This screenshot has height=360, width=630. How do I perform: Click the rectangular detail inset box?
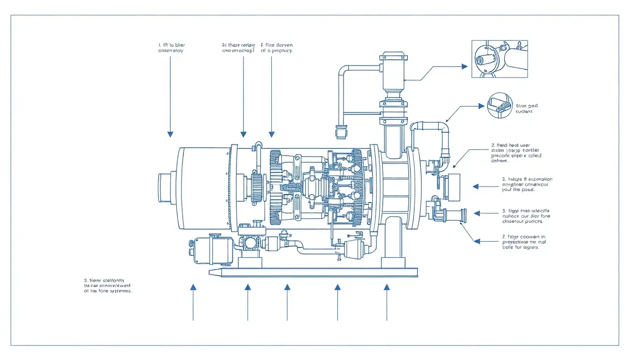(499, 59)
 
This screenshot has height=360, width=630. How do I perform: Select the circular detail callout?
(500, 105)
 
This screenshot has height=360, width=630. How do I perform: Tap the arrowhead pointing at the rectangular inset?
(464, 67)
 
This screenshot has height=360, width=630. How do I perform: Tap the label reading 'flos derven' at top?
(276, 48)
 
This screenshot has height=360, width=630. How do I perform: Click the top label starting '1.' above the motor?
(171, 48)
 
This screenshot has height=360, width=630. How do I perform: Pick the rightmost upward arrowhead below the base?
(387, 287)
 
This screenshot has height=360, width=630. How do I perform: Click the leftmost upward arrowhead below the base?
(193, 287)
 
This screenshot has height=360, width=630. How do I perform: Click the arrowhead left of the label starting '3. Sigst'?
(477, 213)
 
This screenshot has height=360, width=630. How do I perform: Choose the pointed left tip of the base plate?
(212, 272)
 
